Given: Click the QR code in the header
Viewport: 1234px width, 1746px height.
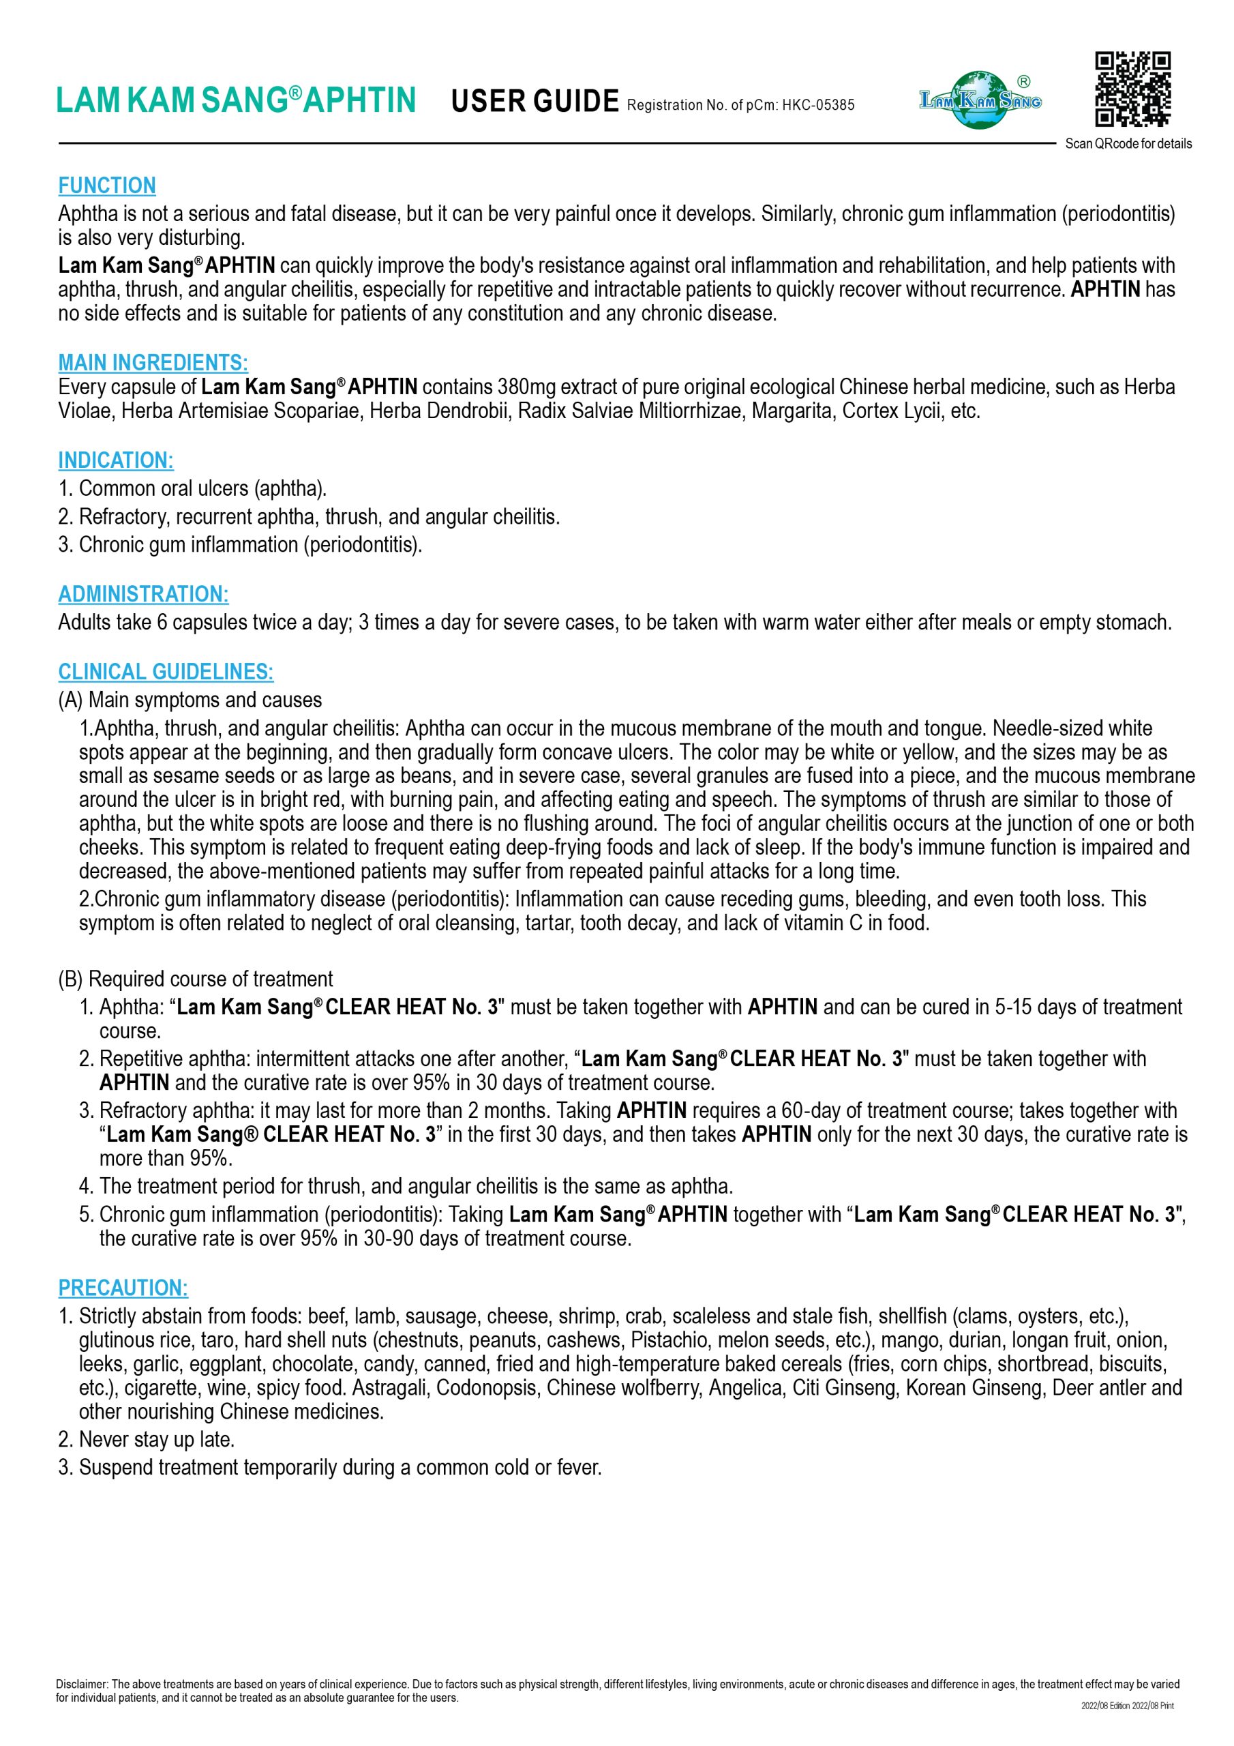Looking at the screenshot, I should pos(1132,89).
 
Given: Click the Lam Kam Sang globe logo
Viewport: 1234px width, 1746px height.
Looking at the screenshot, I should pos(980,100).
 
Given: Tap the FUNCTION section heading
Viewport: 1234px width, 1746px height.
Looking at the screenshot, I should pos(107,186).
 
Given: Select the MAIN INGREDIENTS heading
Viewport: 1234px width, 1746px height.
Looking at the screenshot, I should pos(153,362).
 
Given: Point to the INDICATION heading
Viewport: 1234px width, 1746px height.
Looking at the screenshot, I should pos(116,460).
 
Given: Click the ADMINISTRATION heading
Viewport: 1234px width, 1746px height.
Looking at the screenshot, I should pos(143,594).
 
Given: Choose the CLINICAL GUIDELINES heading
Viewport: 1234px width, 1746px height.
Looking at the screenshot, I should pos(166,672).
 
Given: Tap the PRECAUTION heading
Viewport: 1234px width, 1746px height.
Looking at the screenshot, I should pos(123,1288).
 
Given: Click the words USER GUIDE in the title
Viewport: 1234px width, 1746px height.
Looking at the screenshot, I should pos(535,101).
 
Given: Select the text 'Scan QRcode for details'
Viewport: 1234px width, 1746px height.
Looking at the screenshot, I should pos(1128,144).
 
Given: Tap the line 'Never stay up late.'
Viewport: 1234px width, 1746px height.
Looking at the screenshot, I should pos(157,1440).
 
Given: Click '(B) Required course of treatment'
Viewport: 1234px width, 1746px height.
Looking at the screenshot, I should pos(196,979).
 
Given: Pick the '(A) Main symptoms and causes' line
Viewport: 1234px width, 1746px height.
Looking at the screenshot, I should pos(190,700).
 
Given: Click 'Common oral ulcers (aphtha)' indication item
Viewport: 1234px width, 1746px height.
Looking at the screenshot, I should pos(202,488).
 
